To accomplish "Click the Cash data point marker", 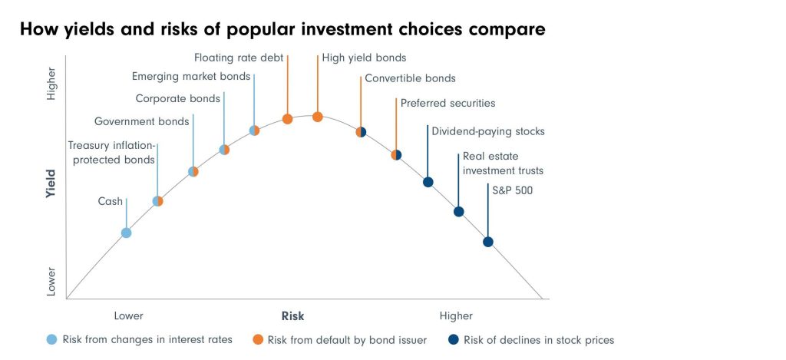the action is coord(127,233).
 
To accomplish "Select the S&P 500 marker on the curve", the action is coord(488,242).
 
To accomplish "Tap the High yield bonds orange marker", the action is coord(317,117).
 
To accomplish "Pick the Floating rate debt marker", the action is coord(287,119).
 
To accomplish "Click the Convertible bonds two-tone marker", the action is coord(361,132).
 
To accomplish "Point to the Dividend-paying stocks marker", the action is coord(428,182).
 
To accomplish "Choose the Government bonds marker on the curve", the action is coord(193,171).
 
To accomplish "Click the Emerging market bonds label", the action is coord(191,77).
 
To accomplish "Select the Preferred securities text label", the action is coord(447,103).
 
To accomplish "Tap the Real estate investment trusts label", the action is coord(503,163).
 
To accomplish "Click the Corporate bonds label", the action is coord(178,98).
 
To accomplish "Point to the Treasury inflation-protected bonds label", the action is coord(112,153).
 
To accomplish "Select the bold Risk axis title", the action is coord(292,316).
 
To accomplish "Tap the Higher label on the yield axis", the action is coord(51,83).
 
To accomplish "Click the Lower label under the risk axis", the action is coord(128,316).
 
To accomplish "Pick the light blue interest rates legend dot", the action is coord(51,339).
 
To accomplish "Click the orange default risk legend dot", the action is coord(258,339).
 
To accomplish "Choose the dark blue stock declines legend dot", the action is coord(454,339).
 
